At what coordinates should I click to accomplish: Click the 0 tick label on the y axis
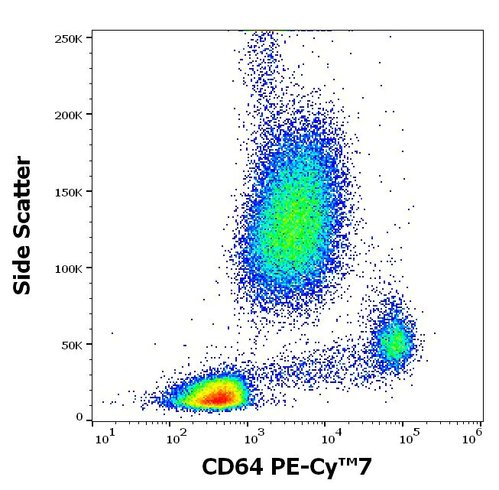[79, 417]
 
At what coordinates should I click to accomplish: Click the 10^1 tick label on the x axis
[105, 437]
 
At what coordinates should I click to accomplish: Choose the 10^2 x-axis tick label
[177, 437]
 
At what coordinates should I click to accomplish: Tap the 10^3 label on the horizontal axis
[254, 437]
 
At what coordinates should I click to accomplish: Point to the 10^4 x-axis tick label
[331, 437]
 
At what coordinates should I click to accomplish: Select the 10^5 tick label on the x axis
[408, 437]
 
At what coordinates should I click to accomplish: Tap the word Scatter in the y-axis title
[24, 195]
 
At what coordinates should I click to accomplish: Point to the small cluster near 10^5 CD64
[395, 342]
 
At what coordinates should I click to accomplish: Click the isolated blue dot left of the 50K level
[112, 333]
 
